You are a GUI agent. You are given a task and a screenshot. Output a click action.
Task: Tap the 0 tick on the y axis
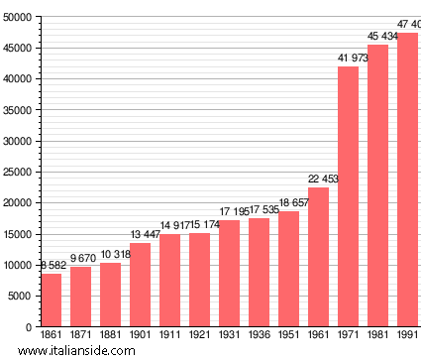click(x=31, y=326)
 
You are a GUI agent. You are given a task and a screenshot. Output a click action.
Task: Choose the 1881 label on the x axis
click(x=110, y=336)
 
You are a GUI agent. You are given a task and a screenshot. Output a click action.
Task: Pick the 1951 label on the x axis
click(x=288, y=336)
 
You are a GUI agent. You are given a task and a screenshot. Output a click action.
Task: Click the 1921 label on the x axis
click(x=199, y=336)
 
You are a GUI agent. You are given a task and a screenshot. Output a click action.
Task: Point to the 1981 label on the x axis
click(x=377, y=336)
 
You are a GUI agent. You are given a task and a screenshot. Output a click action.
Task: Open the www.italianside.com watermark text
click(x=76, y=351)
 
